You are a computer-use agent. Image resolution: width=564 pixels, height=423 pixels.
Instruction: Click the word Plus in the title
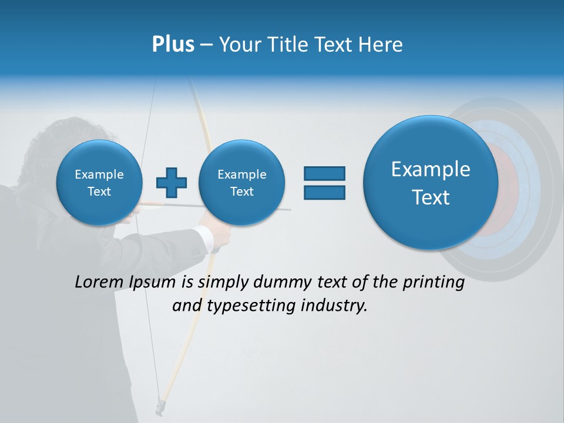pos(173,45)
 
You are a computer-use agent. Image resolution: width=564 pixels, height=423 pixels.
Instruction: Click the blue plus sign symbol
pos(172,183)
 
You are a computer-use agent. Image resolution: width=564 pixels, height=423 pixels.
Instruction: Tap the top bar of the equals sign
pos(324,173)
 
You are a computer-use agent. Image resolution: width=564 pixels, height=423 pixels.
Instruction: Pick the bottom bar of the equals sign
pos(324,192)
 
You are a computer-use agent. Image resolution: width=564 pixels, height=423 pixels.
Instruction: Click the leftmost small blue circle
pos(99,183)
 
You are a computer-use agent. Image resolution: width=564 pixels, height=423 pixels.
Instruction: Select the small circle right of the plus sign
pos(241,183)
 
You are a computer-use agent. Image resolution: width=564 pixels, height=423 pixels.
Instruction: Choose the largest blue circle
pos(431,183)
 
